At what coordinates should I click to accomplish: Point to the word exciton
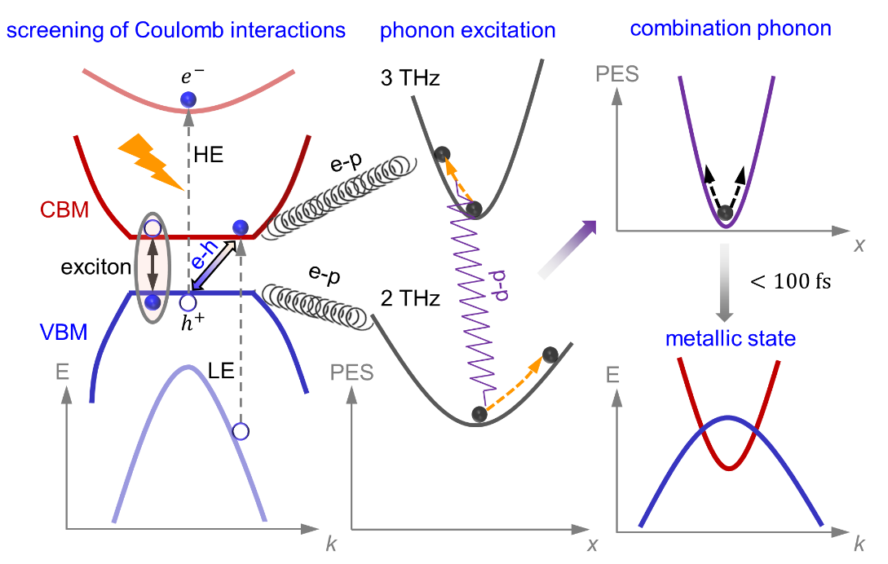(91, 265)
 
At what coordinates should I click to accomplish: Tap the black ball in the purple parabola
(725, 214)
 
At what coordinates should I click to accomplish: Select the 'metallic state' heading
(727, 338)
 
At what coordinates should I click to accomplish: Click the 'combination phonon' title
(731, 29)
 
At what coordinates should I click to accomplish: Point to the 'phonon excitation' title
(467, 31)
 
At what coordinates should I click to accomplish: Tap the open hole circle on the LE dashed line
(241, 430)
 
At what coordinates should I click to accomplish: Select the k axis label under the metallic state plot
(858, 542)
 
